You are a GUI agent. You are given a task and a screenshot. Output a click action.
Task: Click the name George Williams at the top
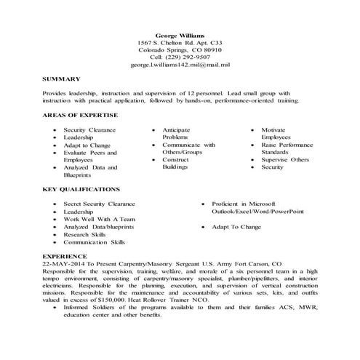click(180, 35)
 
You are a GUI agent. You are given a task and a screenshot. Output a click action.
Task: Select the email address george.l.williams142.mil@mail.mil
click(180, 65)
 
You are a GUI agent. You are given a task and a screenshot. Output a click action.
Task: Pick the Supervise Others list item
click(285, 159)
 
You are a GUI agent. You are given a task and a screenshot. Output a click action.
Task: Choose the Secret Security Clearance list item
click(98, 204)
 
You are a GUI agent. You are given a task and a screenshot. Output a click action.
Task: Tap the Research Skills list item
click(84, 234)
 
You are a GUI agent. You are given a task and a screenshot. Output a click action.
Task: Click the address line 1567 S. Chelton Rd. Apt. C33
click(180, 42)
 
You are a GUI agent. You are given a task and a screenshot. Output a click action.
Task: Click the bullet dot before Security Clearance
click(56, 129)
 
